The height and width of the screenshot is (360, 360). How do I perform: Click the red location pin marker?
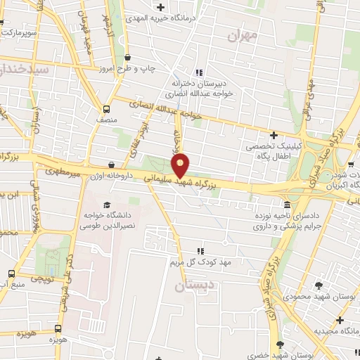click(x=181, y=165)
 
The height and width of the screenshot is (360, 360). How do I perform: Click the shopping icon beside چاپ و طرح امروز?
click(x=127, y=58)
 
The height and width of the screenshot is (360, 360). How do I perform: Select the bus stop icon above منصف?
click(x=106, y=109)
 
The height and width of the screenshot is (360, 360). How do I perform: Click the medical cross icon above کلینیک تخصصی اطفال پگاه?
click(x=274, y=134)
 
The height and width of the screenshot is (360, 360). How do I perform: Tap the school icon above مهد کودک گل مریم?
click(x=200, y=250)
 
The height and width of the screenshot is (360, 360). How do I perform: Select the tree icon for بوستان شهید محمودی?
click(x=319, y=285)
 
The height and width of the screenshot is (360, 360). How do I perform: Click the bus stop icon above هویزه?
click(x=58, y=328)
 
